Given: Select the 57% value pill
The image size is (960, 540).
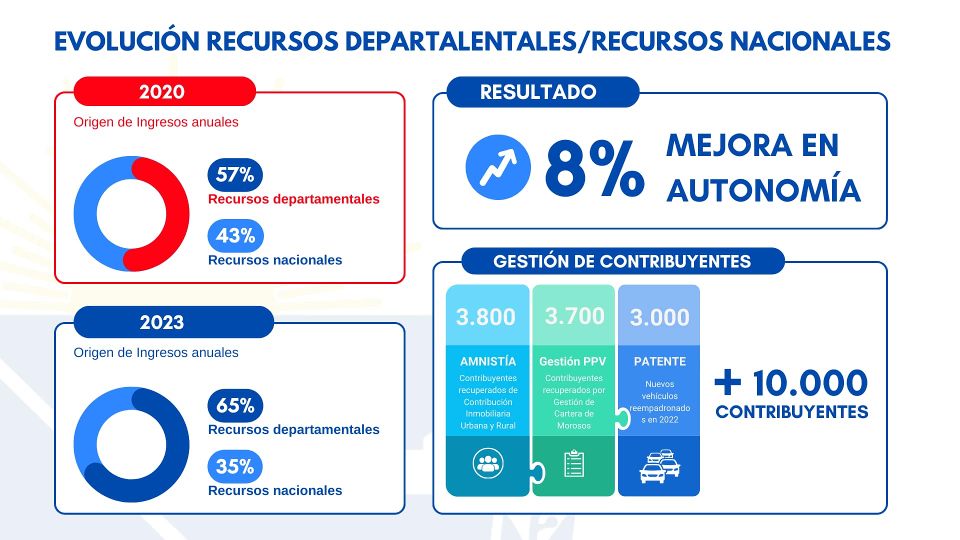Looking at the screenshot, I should click(235, 174).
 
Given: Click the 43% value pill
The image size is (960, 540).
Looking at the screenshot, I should click(235, 235).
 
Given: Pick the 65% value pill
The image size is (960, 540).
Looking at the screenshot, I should click(235, 405).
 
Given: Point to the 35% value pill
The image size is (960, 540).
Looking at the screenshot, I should click(235, 466).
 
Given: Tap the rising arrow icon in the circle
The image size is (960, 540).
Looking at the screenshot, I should click(498, 167).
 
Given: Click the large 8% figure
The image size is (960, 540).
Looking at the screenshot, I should click(594, 168).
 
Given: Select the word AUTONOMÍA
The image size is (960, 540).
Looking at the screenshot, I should click(763, 190).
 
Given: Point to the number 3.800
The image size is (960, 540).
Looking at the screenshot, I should click(485, 317).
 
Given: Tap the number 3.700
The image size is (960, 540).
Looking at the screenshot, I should click(574, 316).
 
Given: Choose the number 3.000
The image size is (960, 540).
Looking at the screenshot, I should click(659, 317).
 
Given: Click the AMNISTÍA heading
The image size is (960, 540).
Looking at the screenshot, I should click(487, 361).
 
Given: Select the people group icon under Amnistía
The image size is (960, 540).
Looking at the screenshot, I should click(488, 463).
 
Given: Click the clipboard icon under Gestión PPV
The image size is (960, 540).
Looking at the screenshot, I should click(574, 463).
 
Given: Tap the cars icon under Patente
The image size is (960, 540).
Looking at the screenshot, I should click(660, 466).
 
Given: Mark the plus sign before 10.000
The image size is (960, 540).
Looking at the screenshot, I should click(727, 382).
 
